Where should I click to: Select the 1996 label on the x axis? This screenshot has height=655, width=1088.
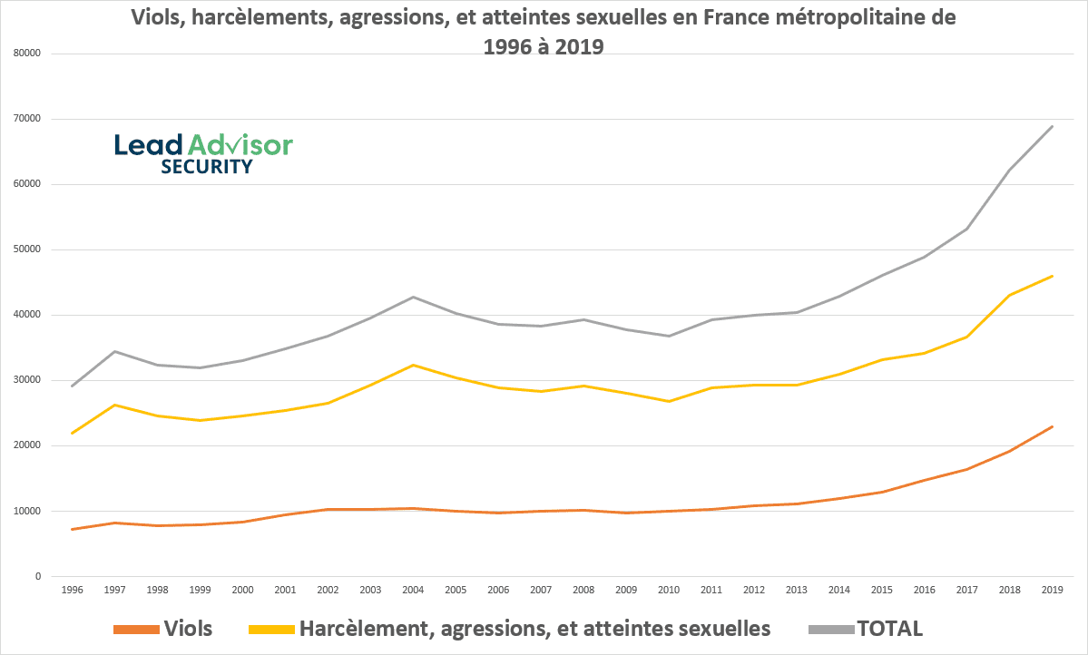click(72, 590)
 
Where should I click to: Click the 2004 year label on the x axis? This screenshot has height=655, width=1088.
click(413, 590)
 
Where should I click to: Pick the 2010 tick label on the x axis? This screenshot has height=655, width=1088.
click(669, 590)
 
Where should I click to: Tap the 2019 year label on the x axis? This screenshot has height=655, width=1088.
click(1052, 590)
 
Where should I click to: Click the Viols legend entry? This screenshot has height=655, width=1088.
click(188, 629)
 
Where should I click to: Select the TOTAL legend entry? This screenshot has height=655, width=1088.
click(889, 629)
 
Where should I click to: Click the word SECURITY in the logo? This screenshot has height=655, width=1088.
click(206, 167)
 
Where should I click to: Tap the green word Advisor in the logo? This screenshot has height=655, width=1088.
click(240, 144)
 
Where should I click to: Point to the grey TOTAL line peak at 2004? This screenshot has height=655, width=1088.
click(413, 297)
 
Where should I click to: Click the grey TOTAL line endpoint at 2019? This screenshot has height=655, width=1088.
click(1052, 126)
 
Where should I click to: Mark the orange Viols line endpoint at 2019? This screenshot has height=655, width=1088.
click(1052, 426)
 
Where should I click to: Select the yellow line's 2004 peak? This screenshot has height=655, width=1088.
click(413, 365)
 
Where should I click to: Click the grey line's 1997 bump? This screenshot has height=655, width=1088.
click(114, 351)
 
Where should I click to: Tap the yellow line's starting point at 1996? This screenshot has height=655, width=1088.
click(72, 433)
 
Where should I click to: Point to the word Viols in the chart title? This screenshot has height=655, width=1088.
click(161, 17)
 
